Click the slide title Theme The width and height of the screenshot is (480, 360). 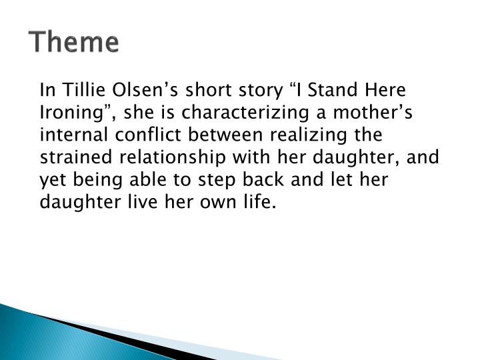[74, 43]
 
